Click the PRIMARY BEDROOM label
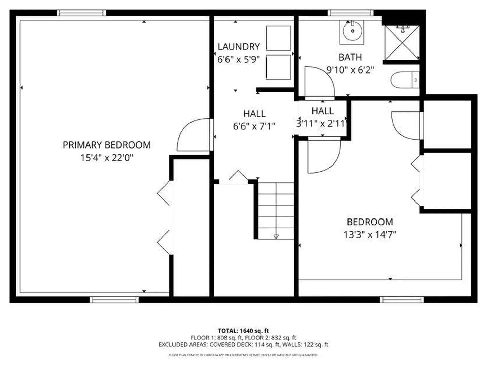pos(107,145)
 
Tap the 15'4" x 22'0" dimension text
pos(107,158)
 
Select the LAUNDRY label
pos(239,47)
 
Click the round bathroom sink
pos(352,31)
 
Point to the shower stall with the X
pos(402,43)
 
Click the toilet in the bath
pos(405,80)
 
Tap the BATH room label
pos(350,57)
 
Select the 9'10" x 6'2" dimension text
pos(350,70)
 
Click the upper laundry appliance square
pos(278,38)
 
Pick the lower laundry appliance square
pos(278,67)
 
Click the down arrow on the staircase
pos(276,237)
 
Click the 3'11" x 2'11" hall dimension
pos(322,124)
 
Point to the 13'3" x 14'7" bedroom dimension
pos(370,234)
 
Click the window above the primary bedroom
pos(81,13)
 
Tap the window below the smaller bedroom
pos(402,300)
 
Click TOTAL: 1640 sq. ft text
pos(243,331)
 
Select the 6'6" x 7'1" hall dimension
pos(254,126)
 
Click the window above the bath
pos(351,13)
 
